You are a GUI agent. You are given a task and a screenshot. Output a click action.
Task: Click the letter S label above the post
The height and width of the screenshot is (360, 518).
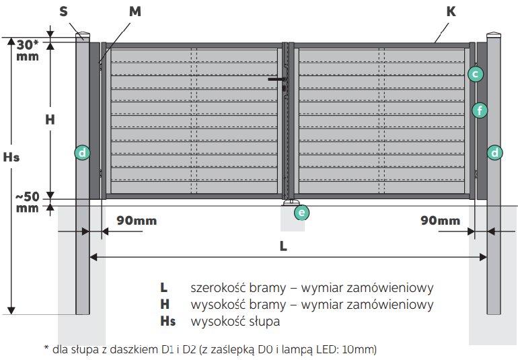tap(63, 11)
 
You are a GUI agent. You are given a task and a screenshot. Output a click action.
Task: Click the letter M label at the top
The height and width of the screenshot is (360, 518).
tap(135, 11)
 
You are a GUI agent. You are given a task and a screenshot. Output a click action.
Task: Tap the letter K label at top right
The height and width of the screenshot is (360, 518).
tap(451, 11)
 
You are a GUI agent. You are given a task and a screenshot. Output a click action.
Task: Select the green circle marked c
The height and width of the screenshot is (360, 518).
tap(476, 74)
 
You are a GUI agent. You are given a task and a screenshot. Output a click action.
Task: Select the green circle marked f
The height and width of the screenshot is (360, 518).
tap(480, 110)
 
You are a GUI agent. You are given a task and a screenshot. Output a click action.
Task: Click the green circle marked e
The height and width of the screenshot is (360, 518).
tap(301, 212)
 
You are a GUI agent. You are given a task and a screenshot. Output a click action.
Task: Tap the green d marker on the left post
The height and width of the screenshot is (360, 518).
tap(82, 153)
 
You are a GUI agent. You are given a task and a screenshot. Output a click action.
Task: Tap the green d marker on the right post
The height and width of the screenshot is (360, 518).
tap(494, 153)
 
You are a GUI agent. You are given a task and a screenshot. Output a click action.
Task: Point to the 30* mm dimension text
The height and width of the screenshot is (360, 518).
tap(28, 50)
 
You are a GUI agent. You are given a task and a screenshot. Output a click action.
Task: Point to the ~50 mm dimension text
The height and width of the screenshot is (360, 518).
tap(28, 203)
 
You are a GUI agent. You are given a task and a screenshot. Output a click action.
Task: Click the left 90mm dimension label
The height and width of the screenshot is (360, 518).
tap(137, 221)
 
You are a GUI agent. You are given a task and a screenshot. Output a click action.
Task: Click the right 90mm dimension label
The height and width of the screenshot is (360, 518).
tap(440, 221)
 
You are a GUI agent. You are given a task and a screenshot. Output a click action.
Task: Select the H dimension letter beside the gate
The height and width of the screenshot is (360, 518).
tap(50, 119)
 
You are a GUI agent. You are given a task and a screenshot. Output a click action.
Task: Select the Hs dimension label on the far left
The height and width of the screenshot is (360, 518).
tap(11, 157)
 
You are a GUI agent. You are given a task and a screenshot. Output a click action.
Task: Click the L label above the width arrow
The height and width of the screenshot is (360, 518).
tap(283, 246)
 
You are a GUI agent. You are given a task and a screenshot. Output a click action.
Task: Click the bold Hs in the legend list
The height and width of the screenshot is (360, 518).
tap(168, 321)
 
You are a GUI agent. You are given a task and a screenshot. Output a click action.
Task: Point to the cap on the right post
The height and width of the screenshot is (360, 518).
tap(494, 34)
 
